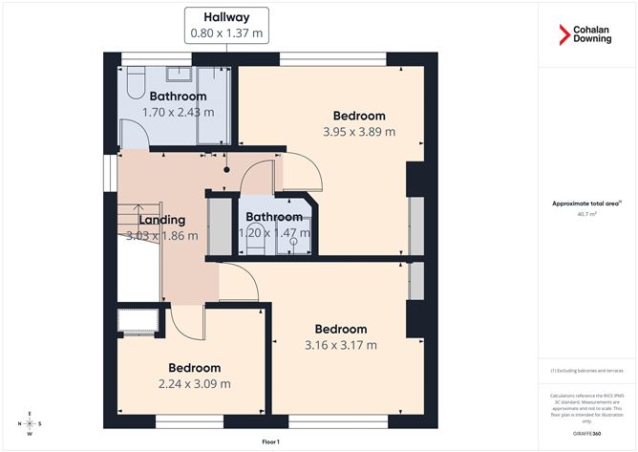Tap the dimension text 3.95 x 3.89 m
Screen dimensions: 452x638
click(360, 132)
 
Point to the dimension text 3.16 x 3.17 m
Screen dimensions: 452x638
click(340, 345)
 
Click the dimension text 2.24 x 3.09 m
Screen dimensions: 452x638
click(194, 384)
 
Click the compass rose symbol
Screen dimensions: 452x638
click(31, 422)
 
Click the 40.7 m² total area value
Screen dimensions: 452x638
click(587, 214)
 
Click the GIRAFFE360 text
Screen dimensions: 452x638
click(587, 433)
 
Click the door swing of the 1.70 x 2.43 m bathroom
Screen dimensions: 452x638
click(135, 140)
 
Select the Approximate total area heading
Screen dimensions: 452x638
click(586, 203)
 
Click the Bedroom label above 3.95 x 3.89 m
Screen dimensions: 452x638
click(359, 116)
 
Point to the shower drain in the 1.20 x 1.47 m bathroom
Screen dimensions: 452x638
click(293, 241)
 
